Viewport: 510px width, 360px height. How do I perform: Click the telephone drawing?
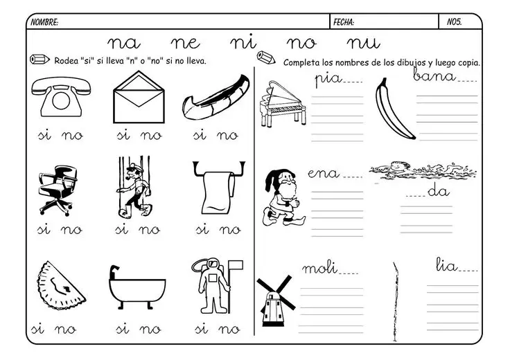tap(61, 97)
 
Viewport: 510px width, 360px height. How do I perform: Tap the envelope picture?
tap(139, 98)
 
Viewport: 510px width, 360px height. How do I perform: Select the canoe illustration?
tap(216, 98)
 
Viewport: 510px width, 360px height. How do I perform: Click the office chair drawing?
tap(58, 190)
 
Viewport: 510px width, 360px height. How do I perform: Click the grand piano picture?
tap(283, 104)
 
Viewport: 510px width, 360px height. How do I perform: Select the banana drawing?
tap(394, 109)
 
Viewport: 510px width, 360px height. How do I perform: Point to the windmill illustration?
tap(276, 301)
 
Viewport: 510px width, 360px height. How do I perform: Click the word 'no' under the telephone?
tap(72, 136)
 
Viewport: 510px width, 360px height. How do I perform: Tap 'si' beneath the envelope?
tap(123, 135)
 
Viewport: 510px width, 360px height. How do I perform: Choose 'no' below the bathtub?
tap(150, 330)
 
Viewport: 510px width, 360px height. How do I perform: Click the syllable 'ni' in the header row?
tap(243, 42)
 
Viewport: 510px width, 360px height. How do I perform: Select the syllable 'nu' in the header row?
tap(363, 43)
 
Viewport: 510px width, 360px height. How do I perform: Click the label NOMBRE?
tap(44, 22)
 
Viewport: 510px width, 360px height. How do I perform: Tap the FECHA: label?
tap(344, 22)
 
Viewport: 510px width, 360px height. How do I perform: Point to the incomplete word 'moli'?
tap(319, 268)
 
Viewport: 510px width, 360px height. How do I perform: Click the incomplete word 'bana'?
tap(434, 75)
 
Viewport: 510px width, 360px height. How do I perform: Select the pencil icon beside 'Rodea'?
tap(39, 60)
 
